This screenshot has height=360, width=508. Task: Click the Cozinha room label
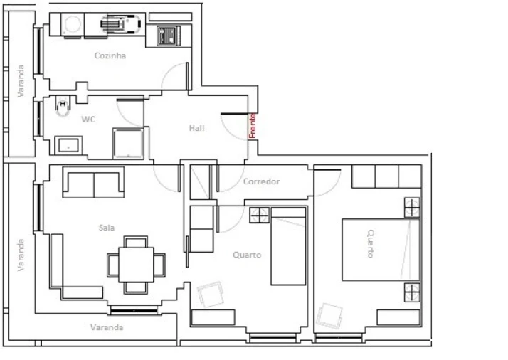coord(110,55)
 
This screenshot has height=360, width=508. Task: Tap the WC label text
coord(88,120)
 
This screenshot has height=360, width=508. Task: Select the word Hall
coord(197,128)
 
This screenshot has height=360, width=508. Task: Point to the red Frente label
coord(252,126)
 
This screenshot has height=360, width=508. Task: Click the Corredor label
coord(261,181)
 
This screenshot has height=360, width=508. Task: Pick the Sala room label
coord(107,228)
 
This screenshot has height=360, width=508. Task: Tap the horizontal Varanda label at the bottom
coord(107,328)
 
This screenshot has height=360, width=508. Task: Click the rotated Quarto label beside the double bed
coord(371,243)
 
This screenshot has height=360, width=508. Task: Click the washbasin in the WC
coord(69,146)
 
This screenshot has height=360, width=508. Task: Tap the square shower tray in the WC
coord(129,143)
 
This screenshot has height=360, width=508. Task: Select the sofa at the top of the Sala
coord(94,182)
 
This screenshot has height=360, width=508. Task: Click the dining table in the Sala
coord(135,264)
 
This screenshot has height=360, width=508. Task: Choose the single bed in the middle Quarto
coord(288,245)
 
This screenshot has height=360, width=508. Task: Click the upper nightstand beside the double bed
coord(413,206)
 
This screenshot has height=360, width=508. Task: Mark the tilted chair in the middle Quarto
coord(211,294)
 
